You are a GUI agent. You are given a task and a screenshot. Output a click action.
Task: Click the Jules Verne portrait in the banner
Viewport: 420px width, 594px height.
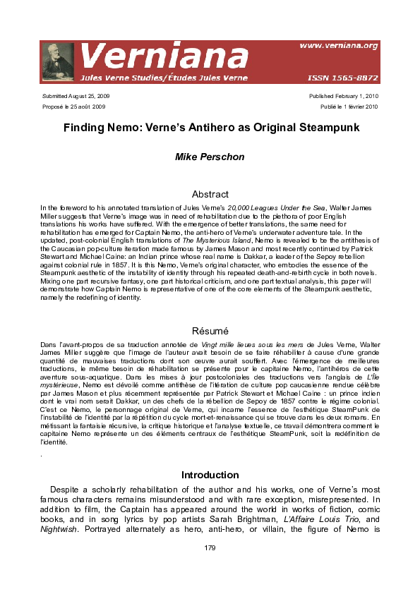[58, 61]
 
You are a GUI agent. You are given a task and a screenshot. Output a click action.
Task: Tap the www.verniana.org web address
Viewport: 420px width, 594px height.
[338, 46]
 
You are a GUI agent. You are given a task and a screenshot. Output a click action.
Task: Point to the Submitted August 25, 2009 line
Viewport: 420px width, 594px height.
[76, 95]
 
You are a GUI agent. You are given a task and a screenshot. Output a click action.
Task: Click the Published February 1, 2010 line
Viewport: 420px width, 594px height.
[344, 95]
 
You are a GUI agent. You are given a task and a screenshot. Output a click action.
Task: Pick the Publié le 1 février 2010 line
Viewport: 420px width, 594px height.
[349, 107]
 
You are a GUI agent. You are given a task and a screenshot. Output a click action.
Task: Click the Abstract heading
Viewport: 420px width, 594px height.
[210, 194]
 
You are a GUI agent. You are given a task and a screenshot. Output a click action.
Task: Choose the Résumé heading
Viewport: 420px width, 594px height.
[210, 330]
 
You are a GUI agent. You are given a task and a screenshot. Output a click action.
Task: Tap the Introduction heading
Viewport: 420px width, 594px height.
[210, 475]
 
